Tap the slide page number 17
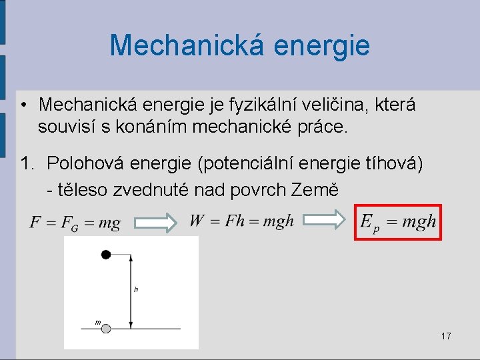coord(446,336)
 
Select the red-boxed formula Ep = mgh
coord(398,222)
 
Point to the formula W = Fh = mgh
coord(241,221)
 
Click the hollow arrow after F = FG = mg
coord(154,223)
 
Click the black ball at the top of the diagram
coord(105,254)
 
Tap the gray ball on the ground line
coord(105,328)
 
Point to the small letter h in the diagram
coord(136,289)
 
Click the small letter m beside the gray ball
coord(97,322)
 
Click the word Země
coord(315,190)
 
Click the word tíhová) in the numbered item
coord(392,164)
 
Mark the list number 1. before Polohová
coord(27,164)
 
